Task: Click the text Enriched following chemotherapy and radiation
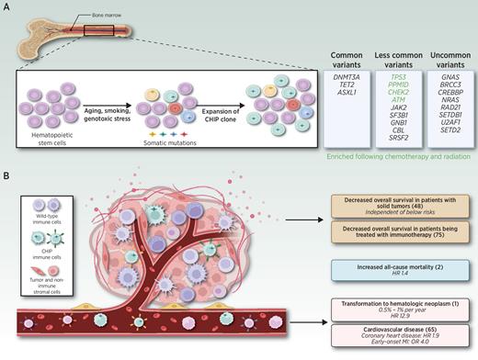coord(398,169)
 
